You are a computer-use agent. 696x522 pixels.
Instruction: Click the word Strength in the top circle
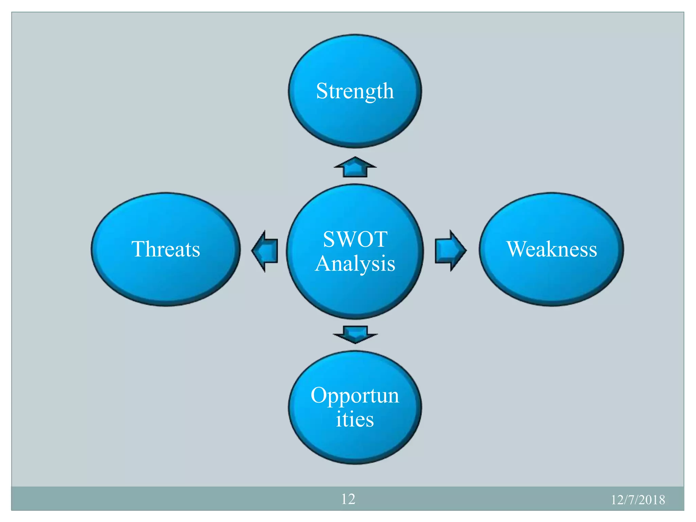click(355, 91)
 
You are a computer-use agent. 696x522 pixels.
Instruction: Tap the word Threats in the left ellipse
click(166, 249)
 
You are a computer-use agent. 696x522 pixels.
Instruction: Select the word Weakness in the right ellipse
click(551, 249)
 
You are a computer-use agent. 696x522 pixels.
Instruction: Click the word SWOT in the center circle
click(355, 239)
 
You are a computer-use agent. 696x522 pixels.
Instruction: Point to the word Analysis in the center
click(355, 263)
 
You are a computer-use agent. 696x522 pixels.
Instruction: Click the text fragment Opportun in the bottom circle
click(355, 396)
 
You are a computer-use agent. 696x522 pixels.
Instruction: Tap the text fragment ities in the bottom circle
click(355, 419)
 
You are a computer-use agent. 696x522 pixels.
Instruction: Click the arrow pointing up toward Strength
click(355, 167)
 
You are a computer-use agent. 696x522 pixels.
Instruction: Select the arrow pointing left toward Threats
click(265, 251)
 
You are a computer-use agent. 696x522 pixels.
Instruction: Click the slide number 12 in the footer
click(348, 499)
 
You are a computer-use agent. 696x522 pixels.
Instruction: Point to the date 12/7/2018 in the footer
click(638, 500)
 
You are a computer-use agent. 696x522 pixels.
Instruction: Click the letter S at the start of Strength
click(321, 91)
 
